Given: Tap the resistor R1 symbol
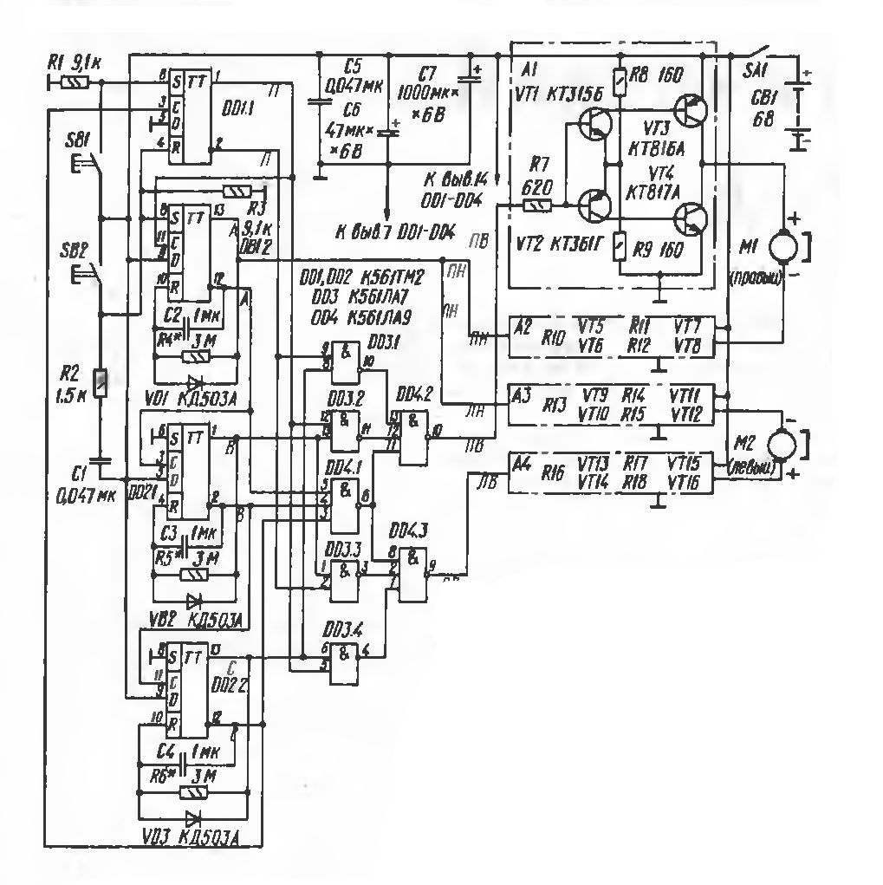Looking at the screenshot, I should [x=76, y=82].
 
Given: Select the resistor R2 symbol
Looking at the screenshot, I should [x=101, y=382].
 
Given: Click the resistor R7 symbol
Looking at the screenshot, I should [x=538, y=205].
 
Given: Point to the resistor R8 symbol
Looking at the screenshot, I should [x=619, y=83].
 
